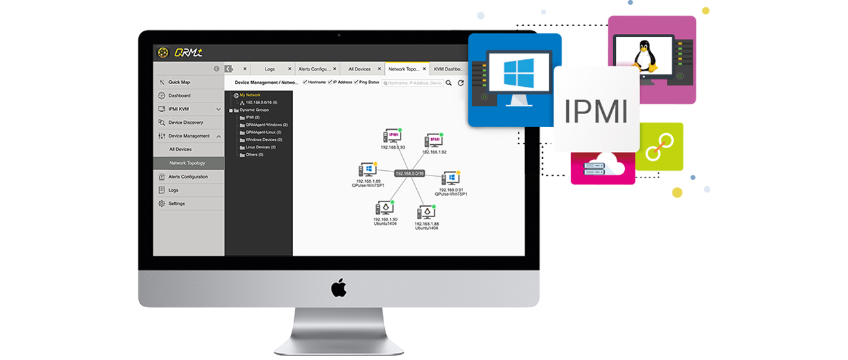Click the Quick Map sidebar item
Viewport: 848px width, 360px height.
tap(179, 82)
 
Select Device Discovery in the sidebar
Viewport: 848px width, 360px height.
tap(185, 123)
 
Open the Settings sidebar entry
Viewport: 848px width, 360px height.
tap(176, 203)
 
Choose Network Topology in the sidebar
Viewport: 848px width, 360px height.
tap(187, 163)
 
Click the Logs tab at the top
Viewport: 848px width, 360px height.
tap(269, 68)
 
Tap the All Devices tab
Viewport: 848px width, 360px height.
tap(359, 68)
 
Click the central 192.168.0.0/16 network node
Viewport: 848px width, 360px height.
tap(409, 173)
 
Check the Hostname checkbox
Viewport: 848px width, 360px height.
tap(305, 82)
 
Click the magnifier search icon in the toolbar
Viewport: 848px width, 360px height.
tap(449, 83)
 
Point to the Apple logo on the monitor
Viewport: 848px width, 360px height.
tap(339, 288)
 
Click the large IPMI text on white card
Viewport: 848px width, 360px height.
tap(596, 110)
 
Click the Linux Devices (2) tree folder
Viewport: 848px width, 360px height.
tap(260, 147)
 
